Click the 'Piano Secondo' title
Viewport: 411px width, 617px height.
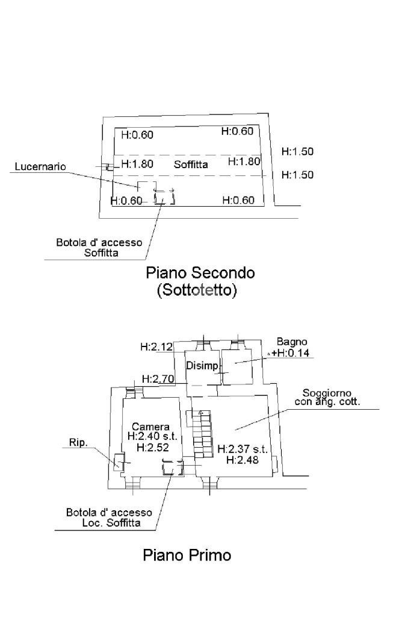point(200,273)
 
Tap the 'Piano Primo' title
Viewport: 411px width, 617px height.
point(187,555)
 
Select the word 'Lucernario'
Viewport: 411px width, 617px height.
point(40,166)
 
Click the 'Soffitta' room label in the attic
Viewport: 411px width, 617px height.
point(191,164)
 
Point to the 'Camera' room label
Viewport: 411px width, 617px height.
point(150,427)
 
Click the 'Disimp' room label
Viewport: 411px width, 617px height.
point(202,366)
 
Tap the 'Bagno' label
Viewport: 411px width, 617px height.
point(292,342)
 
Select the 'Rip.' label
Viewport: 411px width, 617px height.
point(79,442)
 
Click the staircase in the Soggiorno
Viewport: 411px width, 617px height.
point(202,433)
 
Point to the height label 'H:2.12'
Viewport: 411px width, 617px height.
point(156,346)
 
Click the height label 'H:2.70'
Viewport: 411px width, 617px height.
point(158,379)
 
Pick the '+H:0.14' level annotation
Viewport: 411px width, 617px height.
point(291,353)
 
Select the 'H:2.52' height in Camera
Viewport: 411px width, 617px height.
point(153,448)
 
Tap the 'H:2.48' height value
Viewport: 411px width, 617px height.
point(243,460)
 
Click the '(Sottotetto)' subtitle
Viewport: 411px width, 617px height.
point(197,290)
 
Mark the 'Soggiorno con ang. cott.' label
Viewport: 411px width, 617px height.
point(327,398)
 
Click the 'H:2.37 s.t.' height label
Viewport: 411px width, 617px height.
point(243,449)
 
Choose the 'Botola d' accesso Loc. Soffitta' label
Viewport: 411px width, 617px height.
point(110,518)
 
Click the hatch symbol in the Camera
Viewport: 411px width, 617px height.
point(173,468)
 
